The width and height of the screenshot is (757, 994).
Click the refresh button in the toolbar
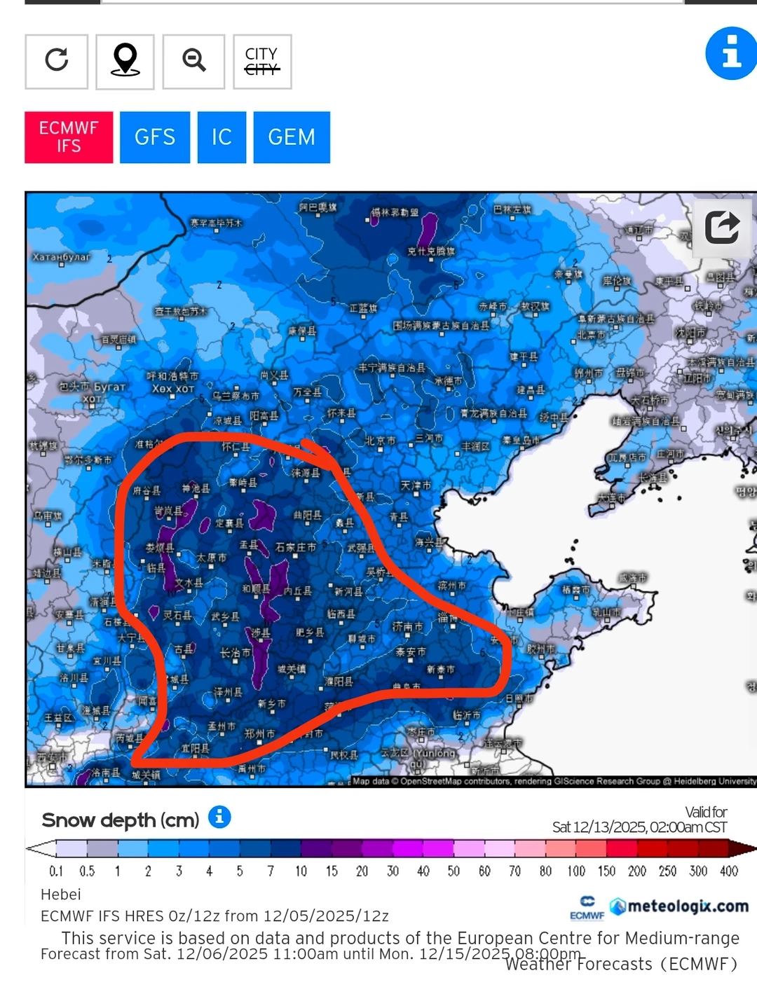57,61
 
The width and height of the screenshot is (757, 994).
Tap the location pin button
125,61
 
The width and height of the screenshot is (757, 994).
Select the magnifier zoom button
193,61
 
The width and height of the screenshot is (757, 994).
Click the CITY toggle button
262,61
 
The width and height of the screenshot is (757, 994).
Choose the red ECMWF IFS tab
69,137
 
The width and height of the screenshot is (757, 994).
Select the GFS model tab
155,137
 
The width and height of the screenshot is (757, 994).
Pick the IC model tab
221,137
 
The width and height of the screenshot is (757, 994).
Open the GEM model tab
292,137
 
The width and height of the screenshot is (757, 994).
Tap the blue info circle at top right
732,53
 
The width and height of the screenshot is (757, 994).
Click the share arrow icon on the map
722,226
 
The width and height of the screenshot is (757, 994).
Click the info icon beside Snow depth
219,817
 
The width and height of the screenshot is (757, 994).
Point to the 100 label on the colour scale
576,871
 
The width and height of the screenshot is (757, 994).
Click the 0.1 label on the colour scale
56,871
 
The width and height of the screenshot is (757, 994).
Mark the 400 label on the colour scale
729,871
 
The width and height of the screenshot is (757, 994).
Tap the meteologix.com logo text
687,906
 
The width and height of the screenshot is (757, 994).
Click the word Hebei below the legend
61,895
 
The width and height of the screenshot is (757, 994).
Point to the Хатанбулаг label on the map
62,257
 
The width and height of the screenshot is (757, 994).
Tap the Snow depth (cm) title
121,820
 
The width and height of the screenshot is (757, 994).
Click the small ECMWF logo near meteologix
587,907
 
